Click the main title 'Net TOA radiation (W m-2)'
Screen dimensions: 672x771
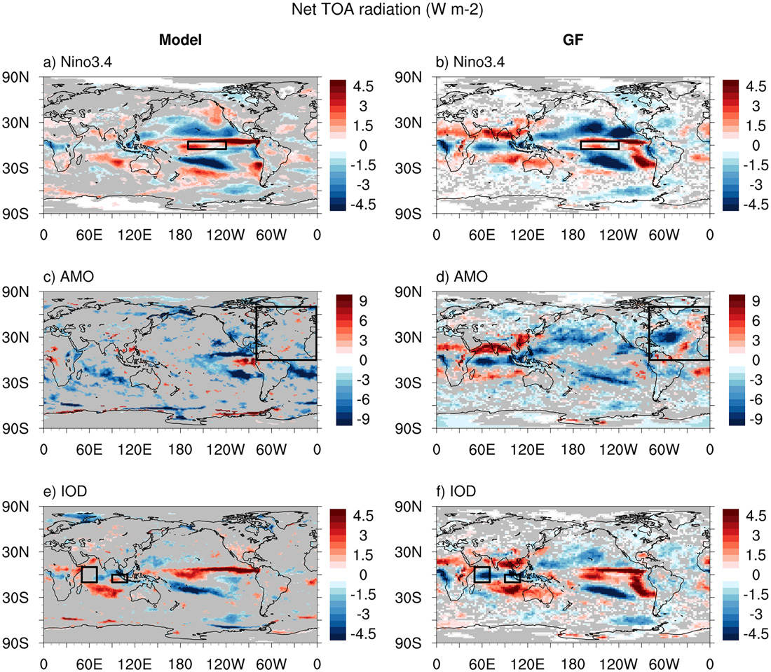pos(385,11)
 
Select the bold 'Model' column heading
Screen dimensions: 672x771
pos(180,41)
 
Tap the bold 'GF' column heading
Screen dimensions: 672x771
pos(573,41)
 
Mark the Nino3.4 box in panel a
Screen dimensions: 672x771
pos(207,145)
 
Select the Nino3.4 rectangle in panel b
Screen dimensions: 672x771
pos(599,145)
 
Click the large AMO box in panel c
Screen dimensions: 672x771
pos(286,333)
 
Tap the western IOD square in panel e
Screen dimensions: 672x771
pos(89,575)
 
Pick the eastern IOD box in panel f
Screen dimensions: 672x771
pos(512,578)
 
